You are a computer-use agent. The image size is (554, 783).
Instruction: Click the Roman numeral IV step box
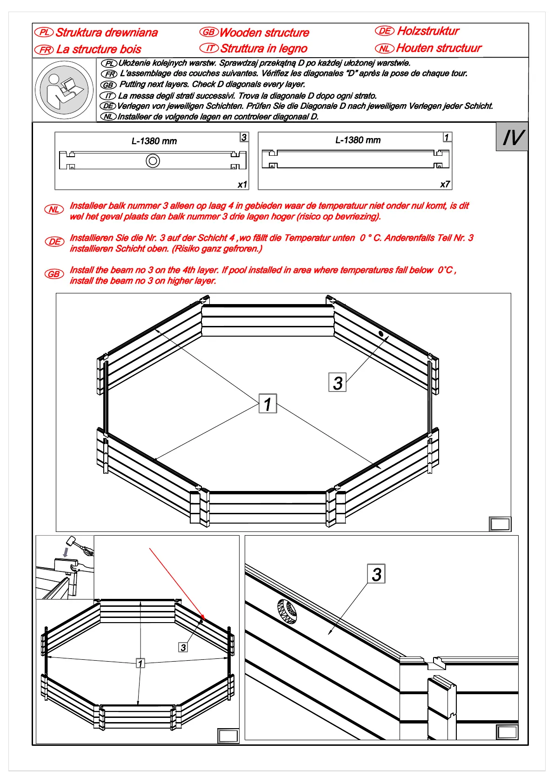coord(512,137)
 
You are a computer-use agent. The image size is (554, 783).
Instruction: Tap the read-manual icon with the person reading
coord(64,89)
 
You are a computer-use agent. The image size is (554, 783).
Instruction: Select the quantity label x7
coord(445,184)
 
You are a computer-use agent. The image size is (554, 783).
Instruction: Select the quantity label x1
coord(242,185)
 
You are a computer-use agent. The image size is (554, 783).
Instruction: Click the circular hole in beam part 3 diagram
coord(153,161)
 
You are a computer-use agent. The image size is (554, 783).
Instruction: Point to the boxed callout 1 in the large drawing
coord(267,404)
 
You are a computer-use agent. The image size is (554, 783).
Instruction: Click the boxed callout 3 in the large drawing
coord(337,382)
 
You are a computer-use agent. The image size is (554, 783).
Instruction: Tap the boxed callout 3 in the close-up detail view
coord(376,574)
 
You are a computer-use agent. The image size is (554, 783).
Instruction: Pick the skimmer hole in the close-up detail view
coord(287,611)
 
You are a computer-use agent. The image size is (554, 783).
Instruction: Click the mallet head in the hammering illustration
coord(71,542)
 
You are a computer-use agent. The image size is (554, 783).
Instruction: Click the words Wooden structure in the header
coord(264,33)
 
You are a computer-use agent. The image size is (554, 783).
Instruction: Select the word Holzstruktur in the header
coord(428,31)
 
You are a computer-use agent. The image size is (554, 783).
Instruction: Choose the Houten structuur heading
coord(439,48)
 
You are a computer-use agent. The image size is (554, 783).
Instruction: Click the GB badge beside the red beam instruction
coord(54,274)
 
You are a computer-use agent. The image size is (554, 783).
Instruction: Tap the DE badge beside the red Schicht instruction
coord(54,242)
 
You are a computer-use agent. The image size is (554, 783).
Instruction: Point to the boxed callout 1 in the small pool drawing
coord(140,663)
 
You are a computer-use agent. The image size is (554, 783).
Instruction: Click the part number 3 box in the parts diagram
coord(244,137)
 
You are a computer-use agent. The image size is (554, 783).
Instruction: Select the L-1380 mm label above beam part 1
coord(358,140)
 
